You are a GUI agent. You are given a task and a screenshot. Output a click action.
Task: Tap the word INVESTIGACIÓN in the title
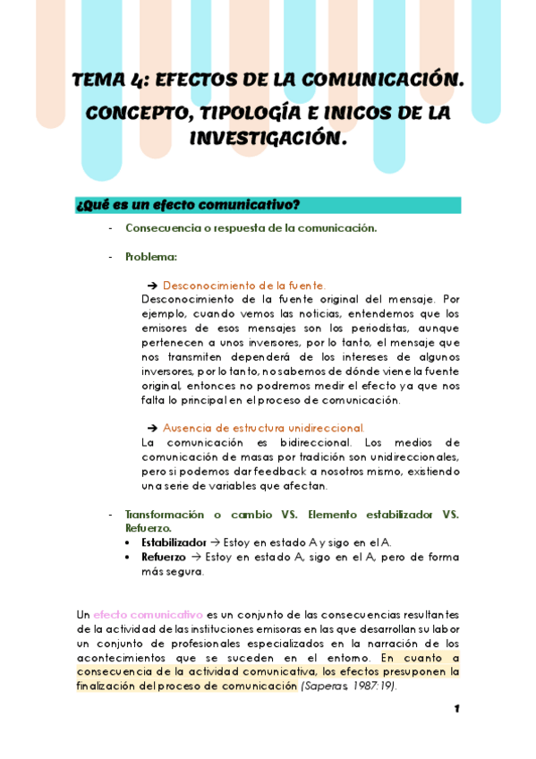tap(267, 139)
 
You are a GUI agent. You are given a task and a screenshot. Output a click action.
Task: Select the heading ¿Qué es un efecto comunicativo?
tap(188, 205)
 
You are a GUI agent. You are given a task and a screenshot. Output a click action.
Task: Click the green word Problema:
tap(151, 257)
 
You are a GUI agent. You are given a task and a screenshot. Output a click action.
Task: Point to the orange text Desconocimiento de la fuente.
tap(243, 286)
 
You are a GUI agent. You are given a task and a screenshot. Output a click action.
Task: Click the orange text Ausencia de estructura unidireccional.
tap(263, 428)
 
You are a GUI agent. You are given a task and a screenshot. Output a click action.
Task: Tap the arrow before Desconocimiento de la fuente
tap(152, 286)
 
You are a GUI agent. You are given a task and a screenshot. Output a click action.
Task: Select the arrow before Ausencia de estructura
tap(152, 428)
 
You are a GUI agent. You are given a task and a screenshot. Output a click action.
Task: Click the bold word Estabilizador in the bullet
tap(174, 542)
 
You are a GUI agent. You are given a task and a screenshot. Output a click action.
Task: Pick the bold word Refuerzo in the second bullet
tap(164, 557)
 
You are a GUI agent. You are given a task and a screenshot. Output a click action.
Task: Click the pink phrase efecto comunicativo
tap(148, 615)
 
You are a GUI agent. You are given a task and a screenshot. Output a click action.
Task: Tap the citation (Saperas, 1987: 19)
tap(349, 687)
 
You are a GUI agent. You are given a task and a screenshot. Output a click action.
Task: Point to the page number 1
tap(456, 709)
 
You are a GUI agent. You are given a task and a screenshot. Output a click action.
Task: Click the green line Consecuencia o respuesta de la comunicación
tap(251, 228)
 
